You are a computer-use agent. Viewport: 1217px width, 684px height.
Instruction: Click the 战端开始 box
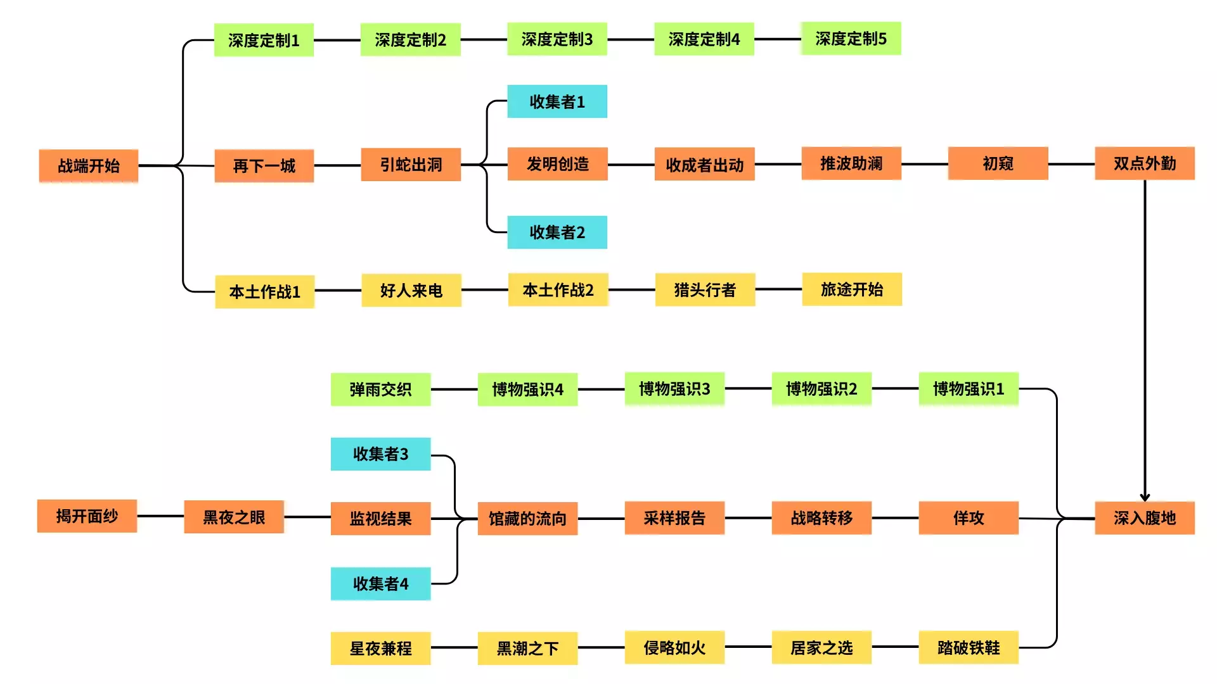(x=89, y=166)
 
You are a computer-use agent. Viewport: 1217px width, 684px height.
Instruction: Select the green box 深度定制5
(x=851, y=39)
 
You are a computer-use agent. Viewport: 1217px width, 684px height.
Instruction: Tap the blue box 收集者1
(x=557, y=101)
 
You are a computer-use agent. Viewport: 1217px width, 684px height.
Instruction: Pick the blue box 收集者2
(x=557, y=232)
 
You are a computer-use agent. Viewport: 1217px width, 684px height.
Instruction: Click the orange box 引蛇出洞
(x=411, y=165)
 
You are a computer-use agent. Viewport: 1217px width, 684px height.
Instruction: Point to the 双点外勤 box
(x=1145, y=163)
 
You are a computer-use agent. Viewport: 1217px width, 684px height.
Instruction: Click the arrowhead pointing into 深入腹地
(x=1145, y=497)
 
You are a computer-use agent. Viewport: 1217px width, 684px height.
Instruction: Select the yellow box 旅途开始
(x=852, y=289)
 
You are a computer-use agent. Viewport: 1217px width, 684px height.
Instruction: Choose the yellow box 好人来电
(x=411, y=291)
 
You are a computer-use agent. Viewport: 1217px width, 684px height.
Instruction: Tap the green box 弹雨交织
(x=380, y=389)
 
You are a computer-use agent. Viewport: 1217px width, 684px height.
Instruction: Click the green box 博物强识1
(x=969, y=389)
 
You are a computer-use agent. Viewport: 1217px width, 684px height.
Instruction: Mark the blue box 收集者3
(x=380, y=454)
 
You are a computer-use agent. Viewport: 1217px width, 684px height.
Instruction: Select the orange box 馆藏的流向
(x=527, y=519)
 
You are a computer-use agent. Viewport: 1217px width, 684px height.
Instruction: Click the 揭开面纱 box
(x=87, y=516)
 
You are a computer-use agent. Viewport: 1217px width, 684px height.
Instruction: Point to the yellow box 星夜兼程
(x=380, y=649)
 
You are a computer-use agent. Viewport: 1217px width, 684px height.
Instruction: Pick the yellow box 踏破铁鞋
(x=969, y=647)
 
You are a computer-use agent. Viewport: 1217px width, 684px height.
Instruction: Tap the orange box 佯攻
(x=969, y=518)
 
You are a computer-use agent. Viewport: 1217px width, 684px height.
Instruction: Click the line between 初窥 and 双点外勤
(x=1071, y=164)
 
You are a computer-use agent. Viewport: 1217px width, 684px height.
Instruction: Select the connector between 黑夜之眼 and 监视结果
(x=307, y=517)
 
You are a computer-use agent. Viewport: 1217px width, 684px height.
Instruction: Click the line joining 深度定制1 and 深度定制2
(x=337, y=40)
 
